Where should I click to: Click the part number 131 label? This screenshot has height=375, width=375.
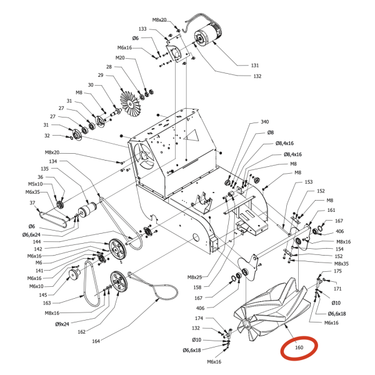[x=255, y=66]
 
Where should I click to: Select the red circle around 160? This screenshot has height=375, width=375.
[x=299, y=347]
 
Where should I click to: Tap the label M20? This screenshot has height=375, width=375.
[x=120, y=58]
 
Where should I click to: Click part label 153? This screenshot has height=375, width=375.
[x=308, y=182]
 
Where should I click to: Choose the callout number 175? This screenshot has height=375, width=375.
[x=337, y=271]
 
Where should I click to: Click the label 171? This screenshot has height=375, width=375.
[x=337, y=289]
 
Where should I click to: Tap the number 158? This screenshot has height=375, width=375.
[x=197, y=287]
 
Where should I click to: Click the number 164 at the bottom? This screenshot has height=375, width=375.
[x=96, y=341]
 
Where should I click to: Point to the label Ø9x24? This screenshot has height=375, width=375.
[x=62, y=324]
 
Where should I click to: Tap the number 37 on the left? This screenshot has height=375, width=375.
[x=32, y=202]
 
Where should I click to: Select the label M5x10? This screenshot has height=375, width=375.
[x=36, y=184]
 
